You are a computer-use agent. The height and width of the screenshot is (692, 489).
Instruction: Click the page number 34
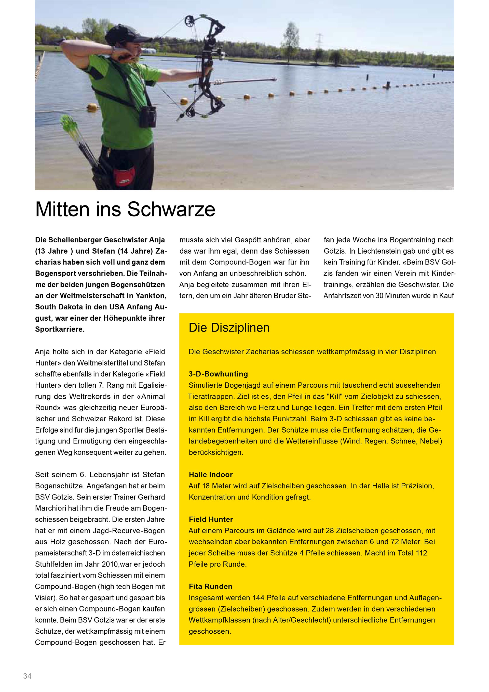28,676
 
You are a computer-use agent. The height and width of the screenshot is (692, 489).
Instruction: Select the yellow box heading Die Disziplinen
229,328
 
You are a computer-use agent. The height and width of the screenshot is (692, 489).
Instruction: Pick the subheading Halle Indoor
211,475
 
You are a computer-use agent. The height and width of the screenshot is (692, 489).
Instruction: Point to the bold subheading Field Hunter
211,519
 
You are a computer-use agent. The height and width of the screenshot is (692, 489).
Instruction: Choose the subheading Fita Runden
210,586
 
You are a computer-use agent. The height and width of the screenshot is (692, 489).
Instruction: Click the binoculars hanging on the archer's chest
149,116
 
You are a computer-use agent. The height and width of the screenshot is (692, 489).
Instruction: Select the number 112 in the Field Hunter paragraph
420,553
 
